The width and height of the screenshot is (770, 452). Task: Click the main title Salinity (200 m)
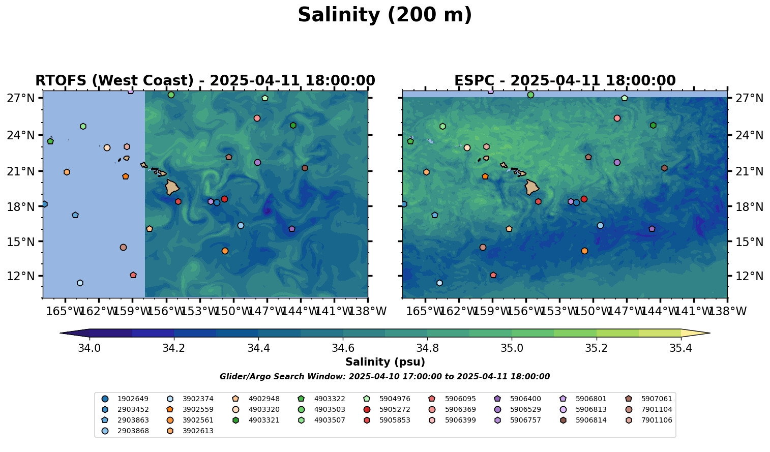pyautogui.click(x=384, y=15)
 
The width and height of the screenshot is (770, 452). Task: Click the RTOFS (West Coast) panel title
pyautogui.click(x=205, y=81)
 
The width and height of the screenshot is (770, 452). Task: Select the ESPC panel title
pyautogui.click(x=565, y=81)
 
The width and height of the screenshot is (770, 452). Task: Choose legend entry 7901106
pyautogui.click(x=657, y=420)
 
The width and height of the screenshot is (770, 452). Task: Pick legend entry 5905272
pyautogui.click(x=395, y=410)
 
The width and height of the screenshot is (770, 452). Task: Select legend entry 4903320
pyautogui.click(x=263, y=410)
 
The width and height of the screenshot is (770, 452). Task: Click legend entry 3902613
pyautogui.click(x=198, y=431)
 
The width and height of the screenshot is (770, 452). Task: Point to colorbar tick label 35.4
pyautogui.click(x=680, y=348)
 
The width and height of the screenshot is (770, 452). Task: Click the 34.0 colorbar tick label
pyautogui.click(x=90, y=348)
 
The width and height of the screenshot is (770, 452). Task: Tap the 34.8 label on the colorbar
pyautogui.click(x=427, y=348)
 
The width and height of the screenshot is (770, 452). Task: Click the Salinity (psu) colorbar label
pyautogui.click(x=385, y=363)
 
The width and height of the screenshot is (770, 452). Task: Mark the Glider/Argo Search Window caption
pyautogui.click(x=384, y=377)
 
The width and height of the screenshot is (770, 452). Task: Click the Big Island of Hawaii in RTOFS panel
pyautogui.click(x=171, y=187)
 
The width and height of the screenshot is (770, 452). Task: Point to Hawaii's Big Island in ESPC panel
pyautogui.click(x=531, y=188)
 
